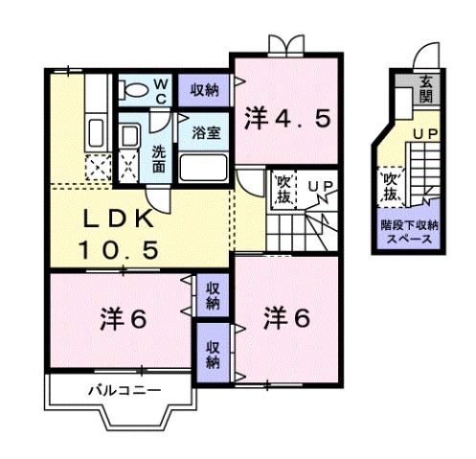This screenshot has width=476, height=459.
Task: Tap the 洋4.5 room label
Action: (286, 118)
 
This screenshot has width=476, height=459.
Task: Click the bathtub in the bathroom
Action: (203, 171)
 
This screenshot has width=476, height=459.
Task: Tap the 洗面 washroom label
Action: (159, 157)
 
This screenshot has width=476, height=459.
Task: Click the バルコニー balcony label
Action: (125, 390)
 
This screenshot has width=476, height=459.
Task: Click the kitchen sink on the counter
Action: (97, 130)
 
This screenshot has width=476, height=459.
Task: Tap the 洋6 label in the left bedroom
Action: (122, 319)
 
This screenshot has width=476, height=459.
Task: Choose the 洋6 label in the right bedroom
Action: (286, 317)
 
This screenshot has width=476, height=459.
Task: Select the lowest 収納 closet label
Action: (212, 355)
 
